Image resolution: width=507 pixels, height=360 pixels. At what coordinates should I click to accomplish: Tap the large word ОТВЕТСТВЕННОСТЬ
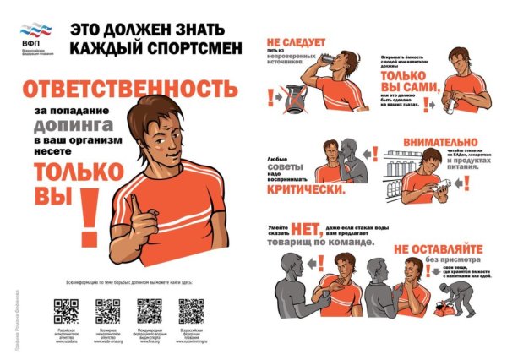click(124, 88)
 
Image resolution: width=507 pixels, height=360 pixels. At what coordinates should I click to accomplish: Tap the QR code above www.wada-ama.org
click(107, 312)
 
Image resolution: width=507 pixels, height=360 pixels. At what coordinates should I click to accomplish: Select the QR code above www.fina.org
click(149, 312)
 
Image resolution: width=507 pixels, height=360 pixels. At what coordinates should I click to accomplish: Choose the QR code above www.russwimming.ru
click(190, 312)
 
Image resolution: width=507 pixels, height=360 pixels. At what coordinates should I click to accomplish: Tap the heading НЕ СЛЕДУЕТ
click(289, 41)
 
